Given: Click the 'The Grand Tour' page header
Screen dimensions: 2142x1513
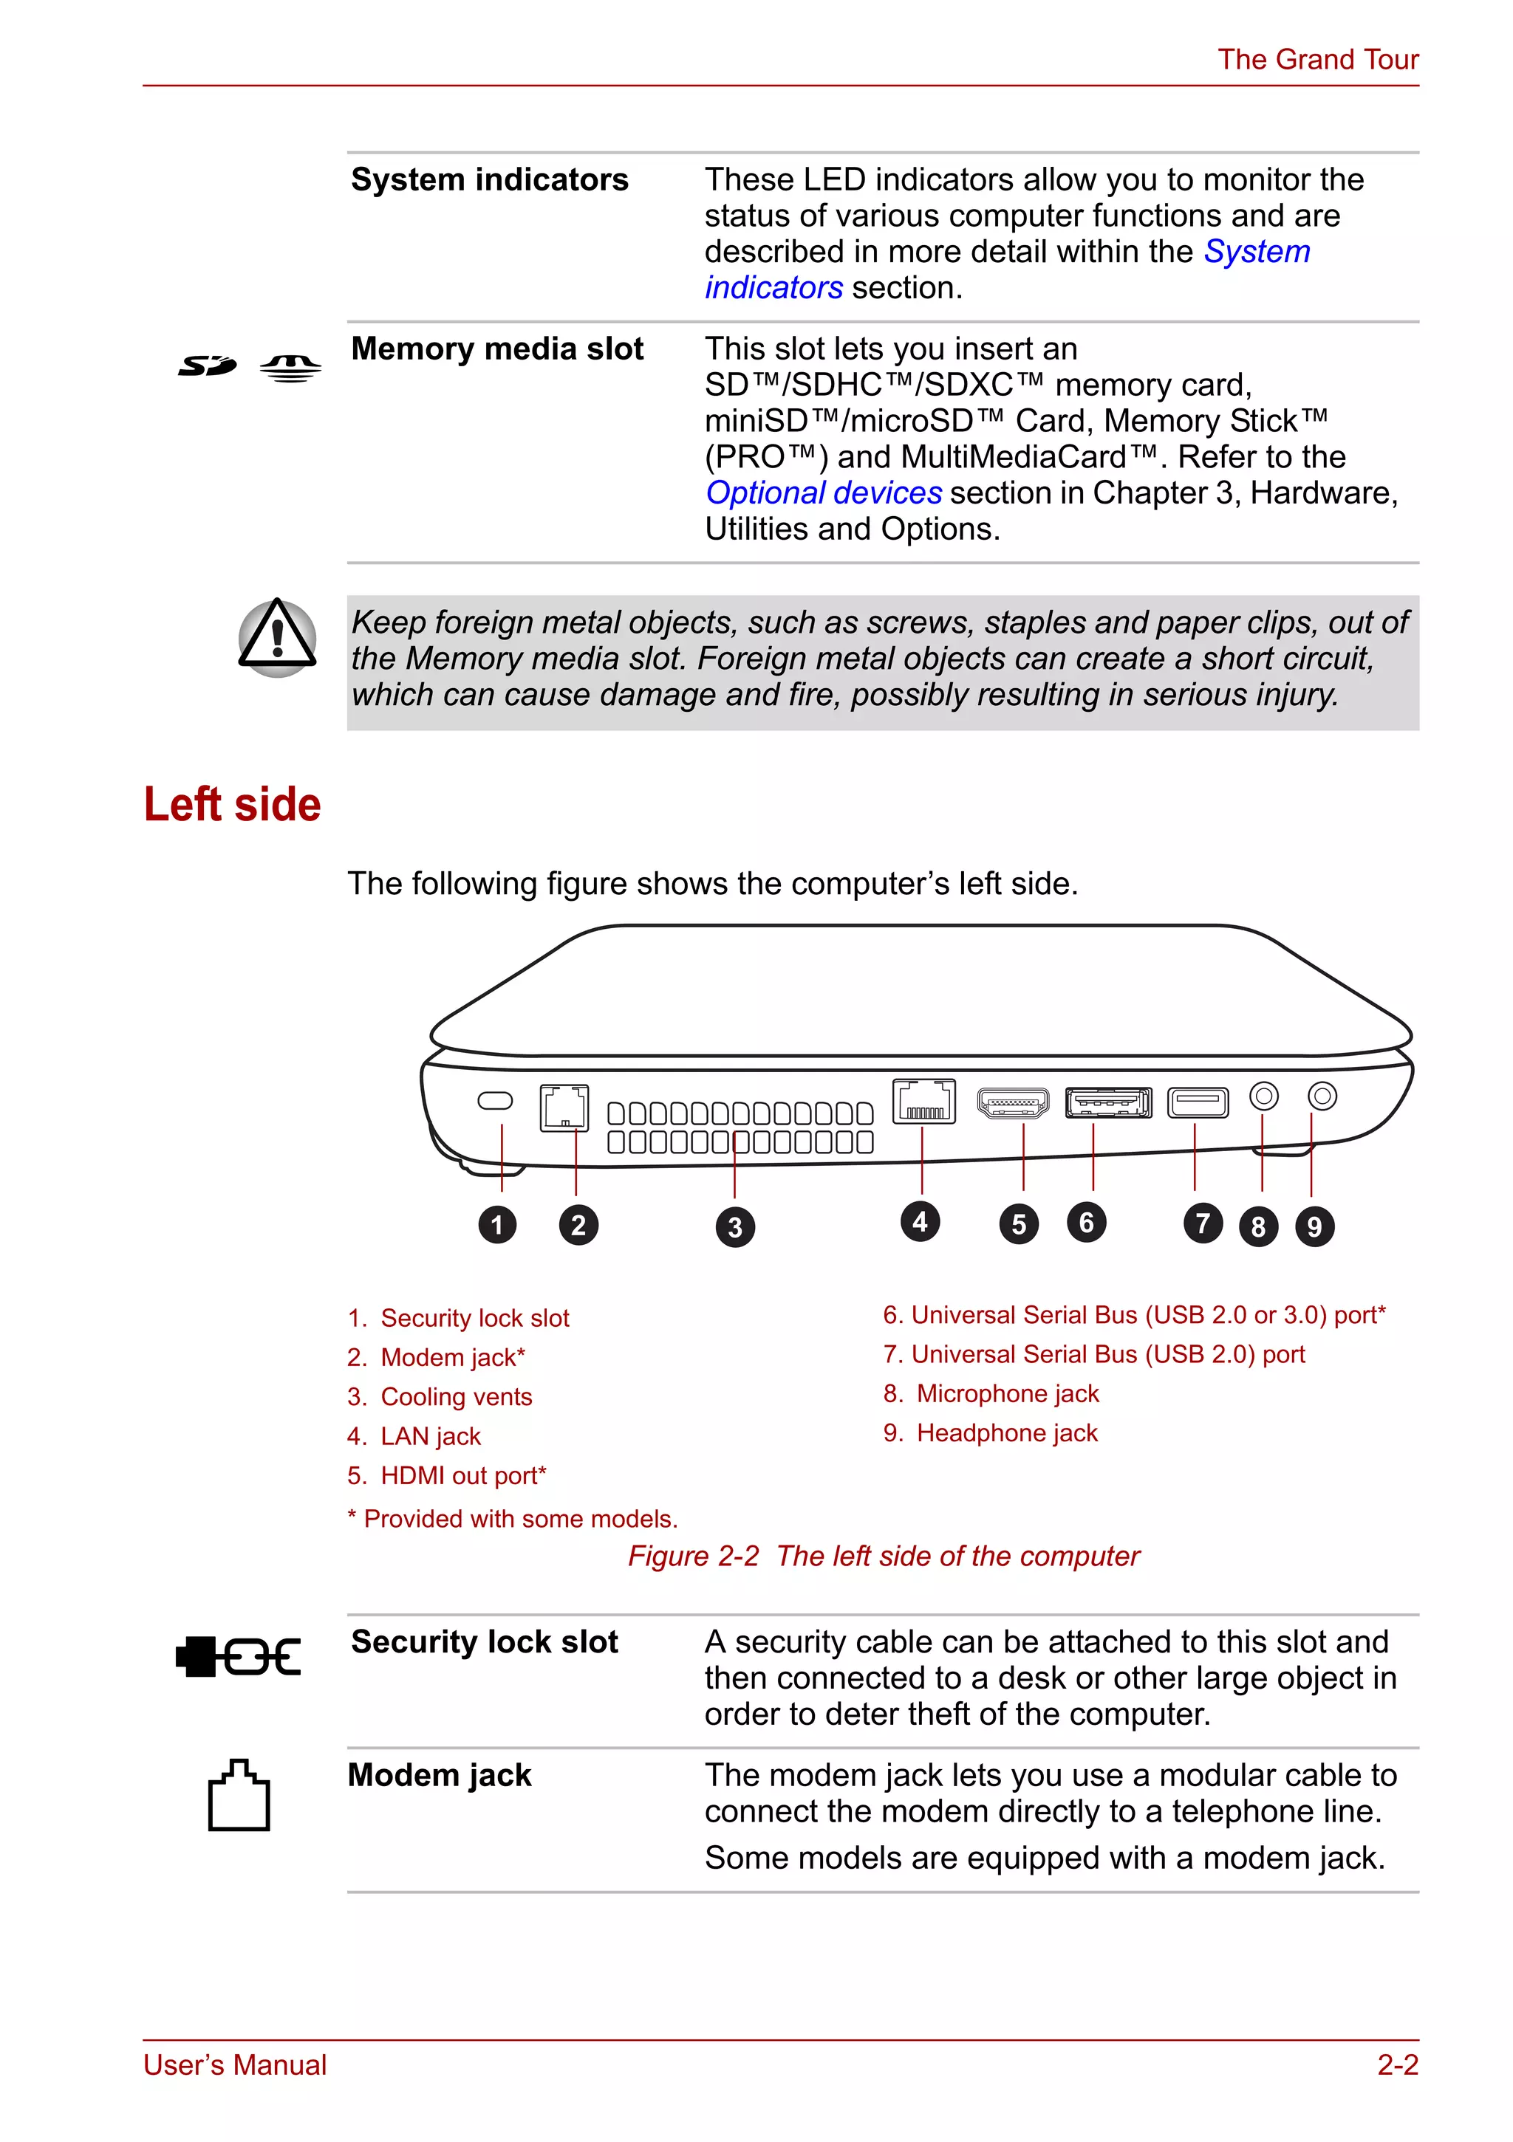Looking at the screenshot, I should (1317, 60).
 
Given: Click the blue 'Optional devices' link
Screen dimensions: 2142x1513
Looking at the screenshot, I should (823, 492).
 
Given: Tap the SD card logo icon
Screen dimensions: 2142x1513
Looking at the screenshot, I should (207, 365).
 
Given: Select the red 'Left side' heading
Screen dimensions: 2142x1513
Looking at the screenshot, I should (233, 804).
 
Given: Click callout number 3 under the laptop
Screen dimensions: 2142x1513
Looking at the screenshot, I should (734, 1227).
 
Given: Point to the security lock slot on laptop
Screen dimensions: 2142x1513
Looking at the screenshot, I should (495, 1100).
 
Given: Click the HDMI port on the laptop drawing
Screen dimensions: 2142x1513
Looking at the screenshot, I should (1013, 1102).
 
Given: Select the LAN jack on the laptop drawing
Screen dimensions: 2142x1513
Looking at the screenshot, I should (923, 1102).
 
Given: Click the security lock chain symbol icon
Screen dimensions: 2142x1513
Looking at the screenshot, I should (239, 1657).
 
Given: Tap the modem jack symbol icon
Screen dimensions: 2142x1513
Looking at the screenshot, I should (239, 1795).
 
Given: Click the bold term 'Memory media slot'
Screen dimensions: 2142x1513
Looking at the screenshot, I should (496, 349).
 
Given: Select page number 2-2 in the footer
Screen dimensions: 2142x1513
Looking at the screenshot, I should (1397, 2064).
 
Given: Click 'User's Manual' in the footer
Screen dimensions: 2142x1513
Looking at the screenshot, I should (235, 2064).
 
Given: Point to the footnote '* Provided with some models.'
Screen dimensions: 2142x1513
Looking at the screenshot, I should (513, 1519).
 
